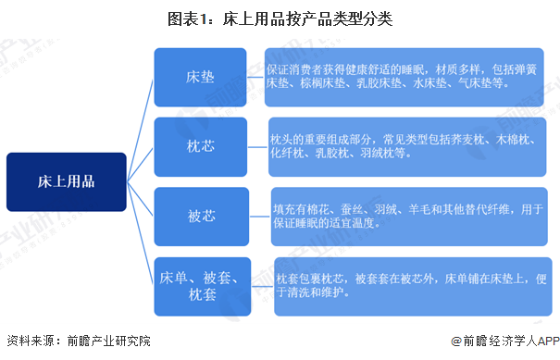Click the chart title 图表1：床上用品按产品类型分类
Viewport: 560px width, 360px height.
tap(280, 19)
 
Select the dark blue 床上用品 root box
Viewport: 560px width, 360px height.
tap(66, 180)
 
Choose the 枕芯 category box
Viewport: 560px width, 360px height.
tap(201, 144)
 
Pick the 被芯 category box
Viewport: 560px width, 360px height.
tap(201, 217)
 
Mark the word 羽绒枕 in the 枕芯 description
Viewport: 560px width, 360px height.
tap(391, 155)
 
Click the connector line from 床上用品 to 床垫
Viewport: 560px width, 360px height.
tap(140, 112)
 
